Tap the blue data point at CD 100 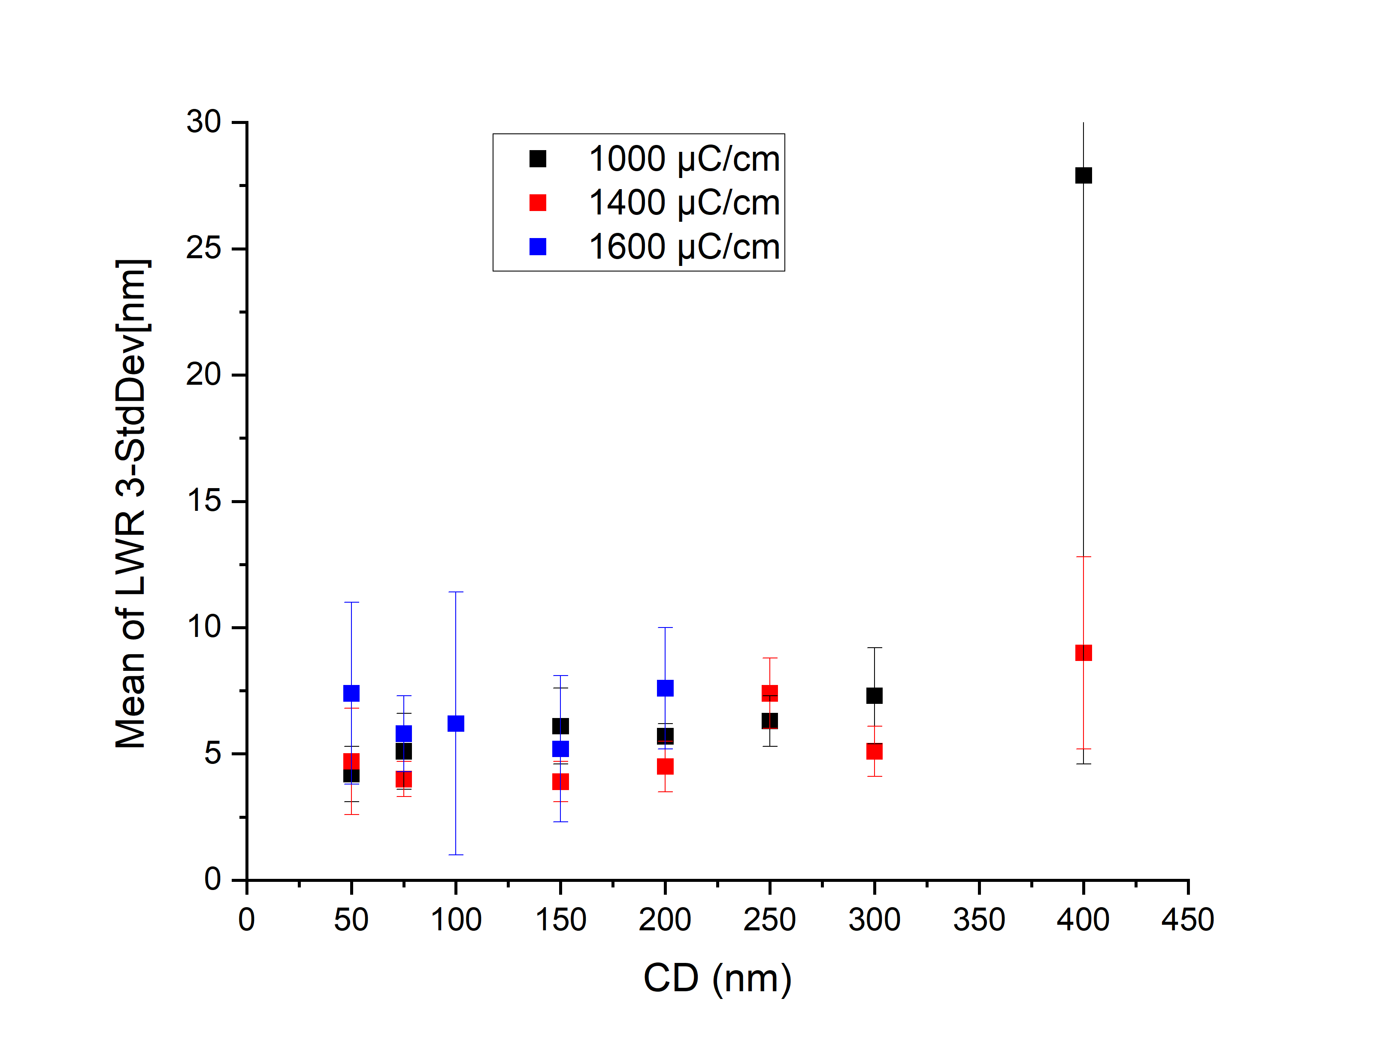[456, 724]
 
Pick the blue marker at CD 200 [665, 688]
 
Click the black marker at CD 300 [874, 696]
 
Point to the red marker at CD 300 [874, 751]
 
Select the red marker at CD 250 [769, 693]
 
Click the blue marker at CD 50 [351, 693]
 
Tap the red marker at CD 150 [560, 781]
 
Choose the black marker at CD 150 [560, 726]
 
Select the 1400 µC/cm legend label [684, 202]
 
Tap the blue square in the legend [538, 246]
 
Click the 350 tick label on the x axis [978, 920]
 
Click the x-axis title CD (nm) [717, 979]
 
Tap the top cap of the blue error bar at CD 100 [456, 591]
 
